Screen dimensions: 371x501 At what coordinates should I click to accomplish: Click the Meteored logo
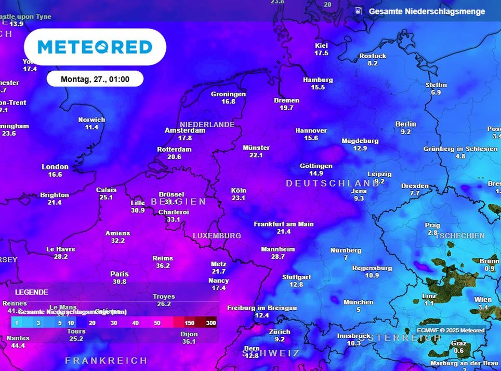[x=95, y=47]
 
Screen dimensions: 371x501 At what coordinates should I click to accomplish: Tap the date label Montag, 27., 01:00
[x=95, y=79]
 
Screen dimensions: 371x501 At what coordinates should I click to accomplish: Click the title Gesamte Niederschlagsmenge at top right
[x=427, y=11]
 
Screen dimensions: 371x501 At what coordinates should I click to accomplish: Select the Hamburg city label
[x=318, y=80]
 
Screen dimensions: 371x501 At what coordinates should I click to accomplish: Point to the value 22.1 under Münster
[x=256, y=155]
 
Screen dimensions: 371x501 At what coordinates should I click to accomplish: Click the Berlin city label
[x=405, y=124]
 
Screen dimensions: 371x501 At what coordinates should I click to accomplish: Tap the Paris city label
[x=119, y=274]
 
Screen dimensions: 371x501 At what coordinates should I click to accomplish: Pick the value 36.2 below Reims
[x=163, y=266]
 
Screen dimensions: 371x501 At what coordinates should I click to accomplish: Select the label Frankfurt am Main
[x=283, y=224]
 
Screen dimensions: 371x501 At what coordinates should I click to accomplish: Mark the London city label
[x=55, y=167]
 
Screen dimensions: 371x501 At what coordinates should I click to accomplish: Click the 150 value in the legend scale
[x=189, y=323]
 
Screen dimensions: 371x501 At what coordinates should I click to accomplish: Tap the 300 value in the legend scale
[x=210, y=323]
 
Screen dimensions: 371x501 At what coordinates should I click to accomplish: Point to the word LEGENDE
[x=31, y=293]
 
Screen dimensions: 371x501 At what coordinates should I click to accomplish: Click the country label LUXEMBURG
[x=217, y=235]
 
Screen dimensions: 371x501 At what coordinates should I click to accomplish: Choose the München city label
[x=358, y=302]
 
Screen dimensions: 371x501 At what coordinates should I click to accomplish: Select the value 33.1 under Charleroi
[x=173, y=219]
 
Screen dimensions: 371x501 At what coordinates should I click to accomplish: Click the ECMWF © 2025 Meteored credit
[x=451, y=330]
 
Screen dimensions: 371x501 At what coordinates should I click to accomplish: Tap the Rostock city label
[x=373, y=56]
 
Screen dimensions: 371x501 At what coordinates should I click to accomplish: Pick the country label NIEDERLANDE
[x=207, y=124]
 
